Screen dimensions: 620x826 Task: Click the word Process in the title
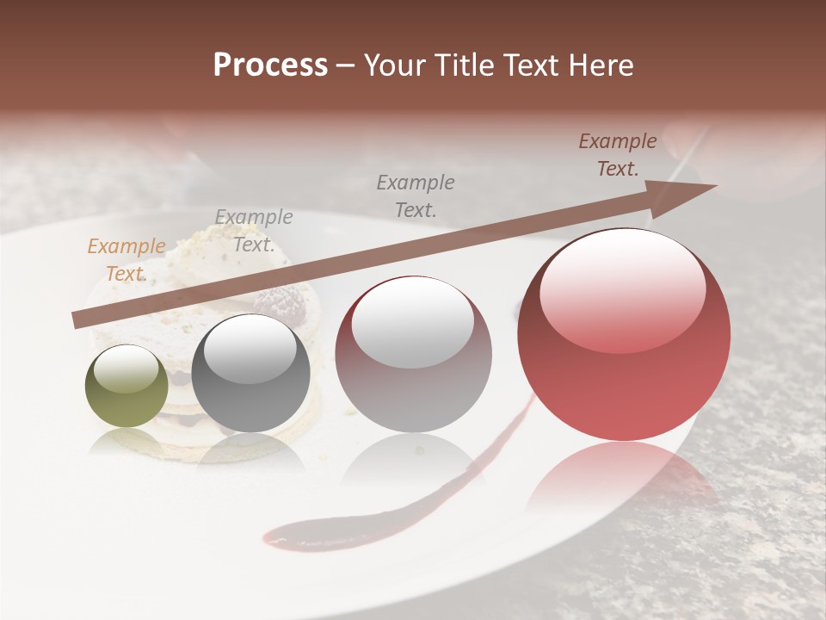pyautogui.click(x=270, y=65)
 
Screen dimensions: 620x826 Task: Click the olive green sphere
pyautogui.click(x=126, y=387)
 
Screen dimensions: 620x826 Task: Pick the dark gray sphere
pyautogui.click(x=250, y=374)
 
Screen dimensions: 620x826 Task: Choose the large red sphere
pyautogui.click(x=624, y=336)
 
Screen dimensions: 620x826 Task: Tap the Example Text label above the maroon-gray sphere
pyautogui.click(x=416, y=195)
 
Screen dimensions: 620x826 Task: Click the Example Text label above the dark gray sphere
pyautogui.click(x=253, y=230)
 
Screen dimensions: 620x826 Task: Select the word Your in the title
pyautogui.click(x=394, y=65)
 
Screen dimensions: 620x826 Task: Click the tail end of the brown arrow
pyautogui.click(x=79, y=319)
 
